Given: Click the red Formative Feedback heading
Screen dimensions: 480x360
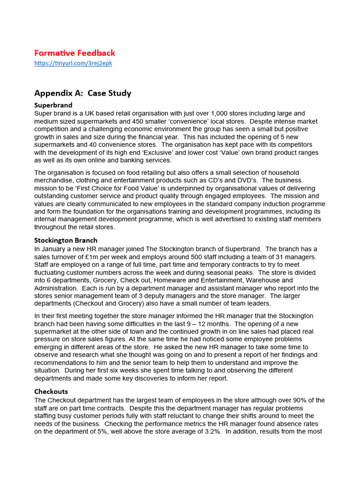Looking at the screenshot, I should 75,53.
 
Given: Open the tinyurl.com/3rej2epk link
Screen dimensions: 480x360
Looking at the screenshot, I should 73,63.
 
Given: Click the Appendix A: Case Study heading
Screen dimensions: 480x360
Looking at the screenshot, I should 82,93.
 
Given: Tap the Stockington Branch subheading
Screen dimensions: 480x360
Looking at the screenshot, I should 66,240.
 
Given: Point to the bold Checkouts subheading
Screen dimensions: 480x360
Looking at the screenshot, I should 51,391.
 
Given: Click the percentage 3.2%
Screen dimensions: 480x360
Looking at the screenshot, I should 210,431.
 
